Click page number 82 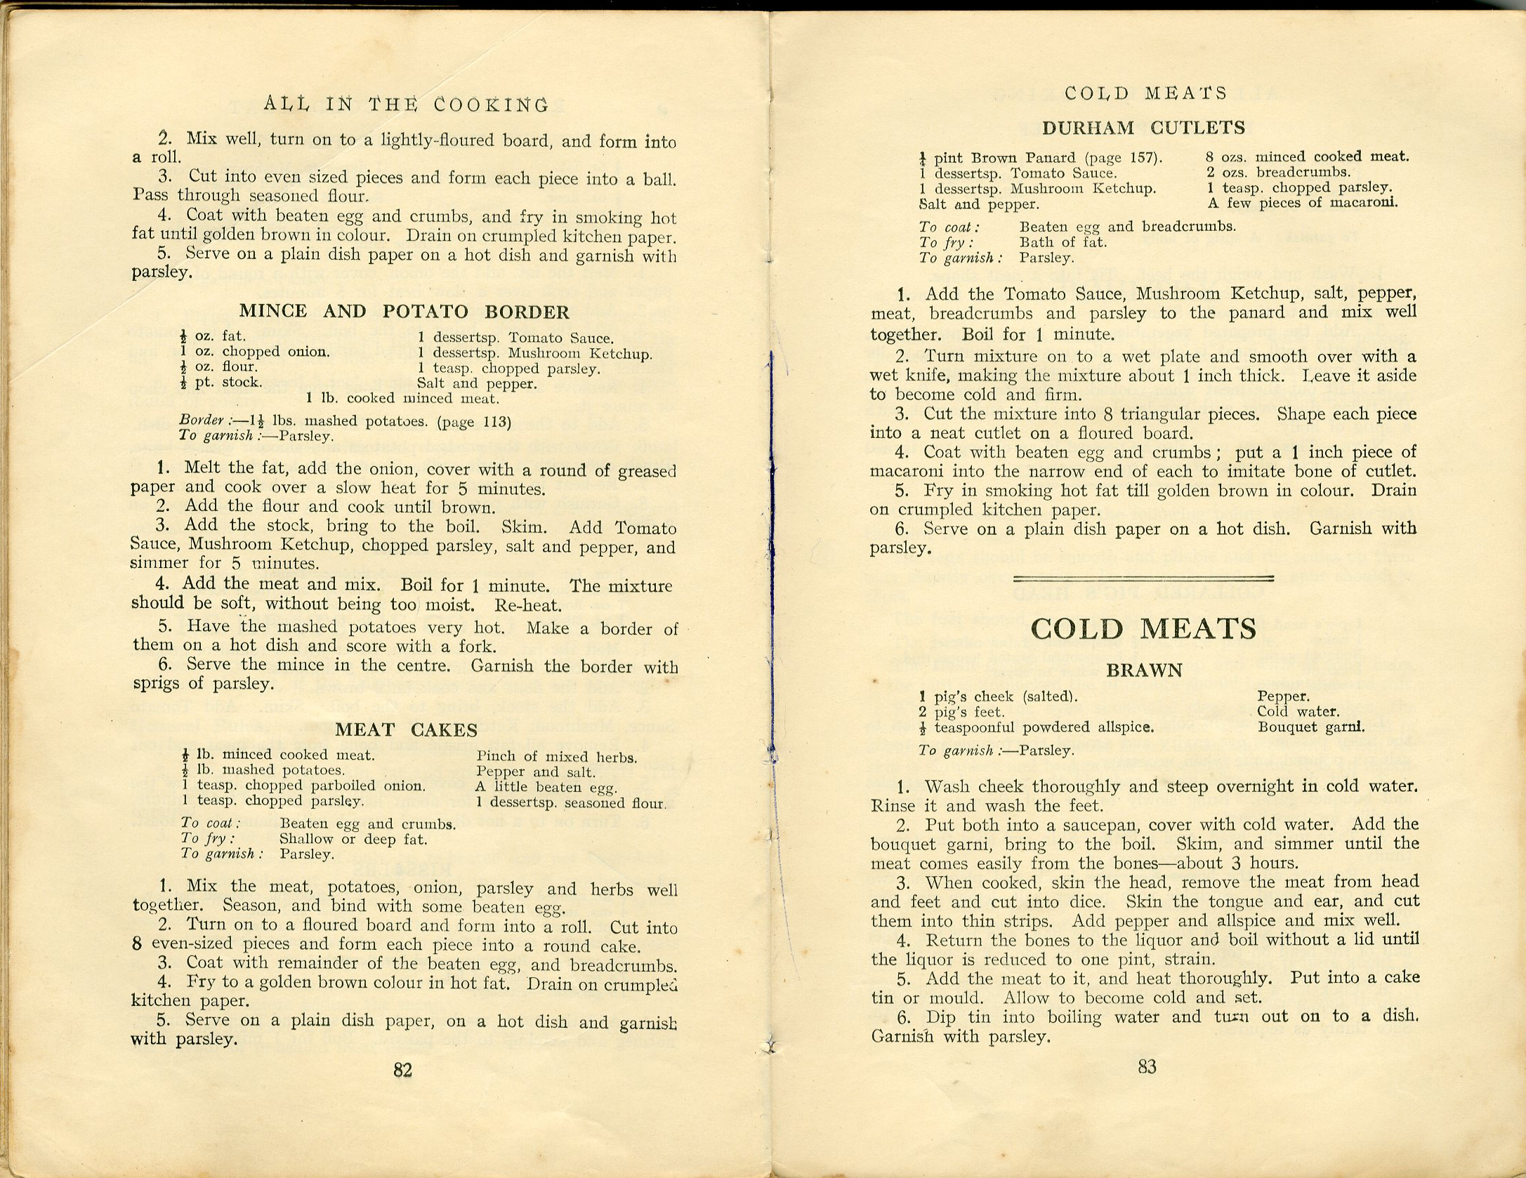point(402,1070)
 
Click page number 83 point(1146,1067)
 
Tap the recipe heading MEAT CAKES point(406,730)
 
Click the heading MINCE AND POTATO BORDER point(404,312)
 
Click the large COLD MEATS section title point(1143,628)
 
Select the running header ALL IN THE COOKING point(407,105)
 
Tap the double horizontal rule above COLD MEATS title point(1143,578)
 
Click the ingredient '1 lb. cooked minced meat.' point(402,399)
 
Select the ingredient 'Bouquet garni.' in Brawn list point(1310,727)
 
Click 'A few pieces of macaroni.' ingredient point(1302,203)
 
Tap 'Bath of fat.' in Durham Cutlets point(1063,242)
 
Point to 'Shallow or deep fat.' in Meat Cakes point(353,838)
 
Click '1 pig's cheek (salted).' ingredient point(998,696)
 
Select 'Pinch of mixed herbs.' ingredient point(556,757)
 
